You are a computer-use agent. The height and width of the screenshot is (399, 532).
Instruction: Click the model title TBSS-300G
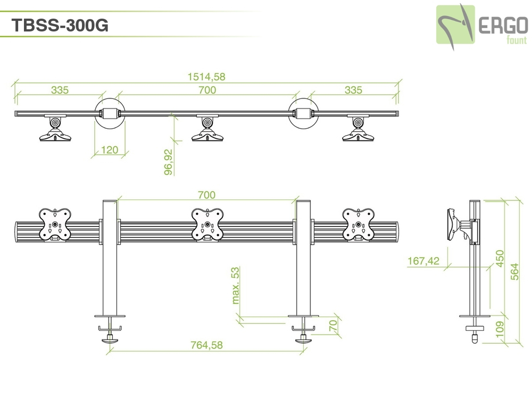[x=60, y=25]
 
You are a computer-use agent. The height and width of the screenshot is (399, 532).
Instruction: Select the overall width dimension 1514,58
[x=206, y=77]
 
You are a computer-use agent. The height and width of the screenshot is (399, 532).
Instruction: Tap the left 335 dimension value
[x=60, y=90]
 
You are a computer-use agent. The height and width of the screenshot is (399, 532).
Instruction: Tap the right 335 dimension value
[x=353, y=90]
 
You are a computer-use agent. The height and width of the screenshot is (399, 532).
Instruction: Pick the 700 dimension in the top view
[x=207, y=90]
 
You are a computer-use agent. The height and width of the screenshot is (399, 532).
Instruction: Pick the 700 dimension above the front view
[x=206, y=195]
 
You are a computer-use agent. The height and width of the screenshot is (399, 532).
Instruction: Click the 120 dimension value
[x=110, y=149]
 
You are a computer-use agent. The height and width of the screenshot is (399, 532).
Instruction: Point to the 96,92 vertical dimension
[x=169, y=162]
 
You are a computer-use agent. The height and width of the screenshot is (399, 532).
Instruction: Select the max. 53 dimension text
[x=235, y=285]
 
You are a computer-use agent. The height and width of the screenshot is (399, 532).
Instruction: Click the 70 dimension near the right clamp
[x=333, y=326]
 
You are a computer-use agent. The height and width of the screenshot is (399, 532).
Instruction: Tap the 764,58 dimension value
[x=206, y=345]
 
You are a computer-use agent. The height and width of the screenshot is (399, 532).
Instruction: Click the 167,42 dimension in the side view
[x=423, y=261]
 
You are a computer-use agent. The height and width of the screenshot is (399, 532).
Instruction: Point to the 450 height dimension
[x=500, y=258]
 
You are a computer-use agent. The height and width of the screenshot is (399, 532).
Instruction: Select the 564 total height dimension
[x=514, y=271]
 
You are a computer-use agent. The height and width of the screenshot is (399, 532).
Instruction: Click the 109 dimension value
[x=500, y=329]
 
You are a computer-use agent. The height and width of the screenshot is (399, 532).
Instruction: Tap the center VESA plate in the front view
[x=207, y=225]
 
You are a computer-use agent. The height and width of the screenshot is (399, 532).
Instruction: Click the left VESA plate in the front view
[x=55, y=225]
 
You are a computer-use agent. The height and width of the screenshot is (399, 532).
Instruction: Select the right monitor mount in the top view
[x=358, y=128]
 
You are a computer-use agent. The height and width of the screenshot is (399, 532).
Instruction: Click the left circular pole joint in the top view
[x=110, y=113]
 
